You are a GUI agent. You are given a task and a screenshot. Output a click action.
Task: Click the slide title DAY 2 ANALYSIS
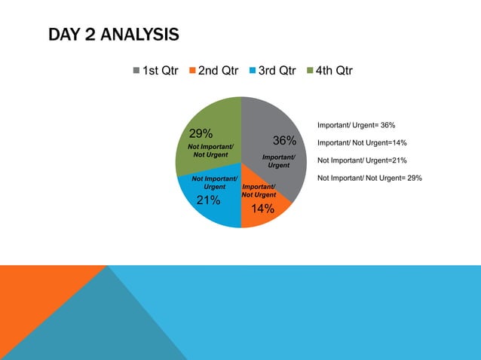pos(113,35)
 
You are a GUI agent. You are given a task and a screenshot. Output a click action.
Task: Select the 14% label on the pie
pos(262,209)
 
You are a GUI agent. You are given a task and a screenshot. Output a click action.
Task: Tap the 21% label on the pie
pos(208,201)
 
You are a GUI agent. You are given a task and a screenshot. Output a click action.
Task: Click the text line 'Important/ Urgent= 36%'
pos(357,125)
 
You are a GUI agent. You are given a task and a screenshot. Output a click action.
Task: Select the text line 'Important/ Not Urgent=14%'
pos(362,142)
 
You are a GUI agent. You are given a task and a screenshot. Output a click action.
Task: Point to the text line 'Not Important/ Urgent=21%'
pos(362,160)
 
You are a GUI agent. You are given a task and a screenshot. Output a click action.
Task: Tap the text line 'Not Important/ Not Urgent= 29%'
pos(369,178)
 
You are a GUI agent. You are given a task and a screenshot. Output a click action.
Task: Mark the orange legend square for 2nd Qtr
pos(193,72)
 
